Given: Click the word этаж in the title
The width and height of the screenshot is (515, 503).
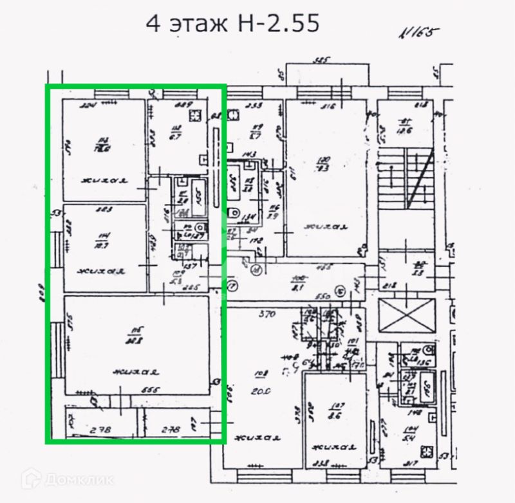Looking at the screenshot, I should click(200, 24).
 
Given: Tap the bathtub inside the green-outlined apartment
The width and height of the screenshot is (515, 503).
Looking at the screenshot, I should click(197, 194).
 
